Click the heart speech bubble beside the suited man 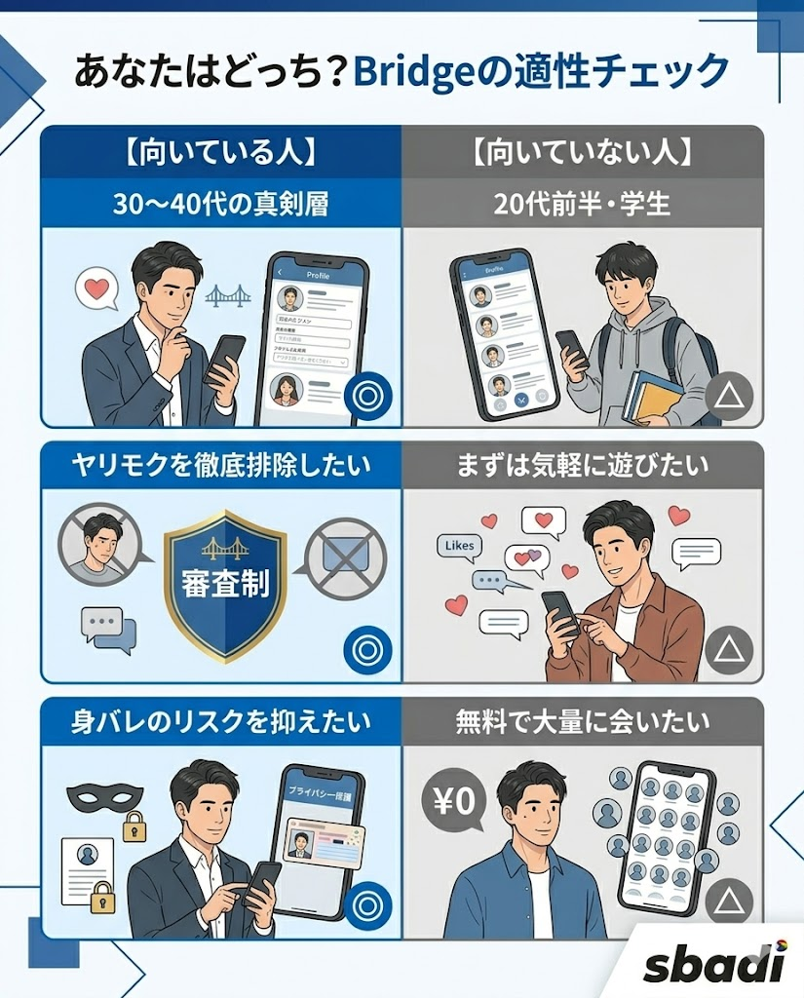click(96, 289)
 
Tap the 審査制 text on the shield click(225, 582)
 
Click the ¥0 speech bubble click(451, 801)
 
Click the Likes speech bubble click(460, 546)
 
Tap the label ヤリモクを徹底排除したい click(220, 465)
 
